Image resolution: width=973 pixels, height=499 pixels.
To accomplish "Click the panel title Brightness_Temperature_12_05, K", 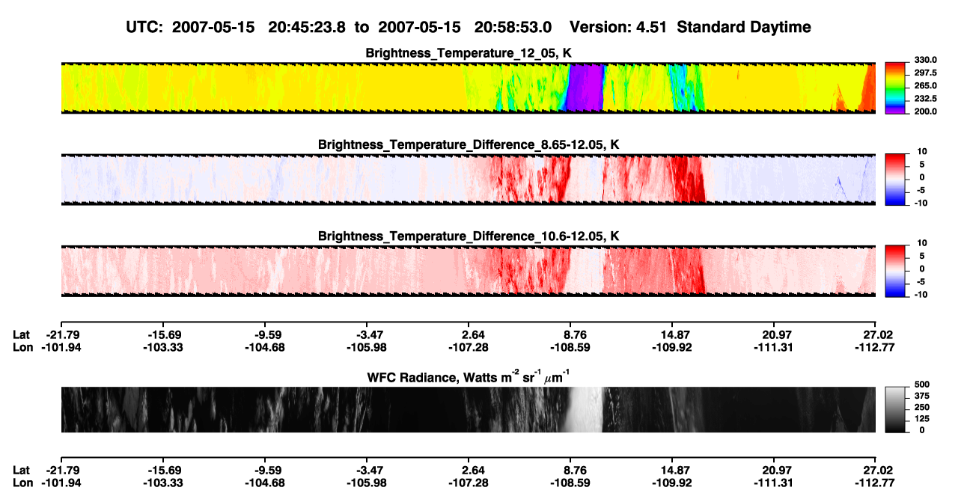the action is tap(469, 53).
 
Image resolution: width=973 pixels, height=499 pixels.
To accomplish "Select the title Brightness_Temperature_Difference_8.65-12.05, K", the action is tap(469, 144).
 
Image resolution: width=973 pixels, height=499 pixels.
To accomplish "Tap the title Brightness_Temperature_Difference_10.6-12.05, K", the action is tap(469, 236).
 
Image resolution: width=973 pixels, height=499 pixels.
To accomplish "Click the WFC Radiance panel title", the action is tap(469, 377).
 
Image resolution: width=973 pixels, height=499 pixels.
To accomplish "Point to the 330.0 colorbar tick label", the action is tap(925, 60).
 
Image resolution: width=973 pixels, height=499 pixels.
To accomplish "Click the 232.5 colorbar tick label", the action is tap(925, 99).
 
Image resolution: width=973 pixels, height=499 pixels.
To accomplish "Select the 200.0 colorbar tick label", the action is tap(925, 111).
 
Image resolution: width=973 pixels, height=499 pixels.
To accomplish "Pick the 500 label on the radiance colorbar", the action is tap(922, 385).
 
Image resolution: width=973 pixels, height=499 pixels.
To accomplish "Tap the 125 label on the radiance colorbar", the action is tap(922, 419).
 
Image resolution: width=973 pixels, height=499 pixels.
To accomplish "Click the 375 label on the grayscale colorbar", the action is tap(922, 396).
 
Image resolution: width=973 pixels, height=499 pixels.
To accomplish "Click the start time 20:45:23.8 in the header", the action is tap(307, 27).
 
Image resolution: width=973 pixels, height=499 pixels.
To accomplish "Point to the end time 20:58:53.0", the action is tap(513, 27).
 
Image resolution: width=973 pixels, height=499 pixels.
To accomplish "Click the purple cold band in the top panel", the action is tap(585, 88).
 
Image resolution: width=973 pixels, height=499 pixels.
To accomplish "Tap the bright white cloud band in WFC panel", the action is tap(585, 409).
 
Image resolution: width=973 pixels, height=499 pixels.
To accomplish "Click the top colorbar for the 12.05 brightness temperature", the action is tap(895, 88).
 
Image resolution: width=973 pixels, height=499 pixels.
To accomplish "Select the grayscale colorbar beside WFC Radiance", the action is tap(895, 409).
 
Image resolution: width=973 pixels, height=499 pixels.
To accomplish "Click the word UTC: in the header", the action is tap(144, 27).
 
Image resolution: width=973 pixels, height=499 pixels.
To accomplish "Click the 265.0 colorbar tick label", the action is tap(925, 85).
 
